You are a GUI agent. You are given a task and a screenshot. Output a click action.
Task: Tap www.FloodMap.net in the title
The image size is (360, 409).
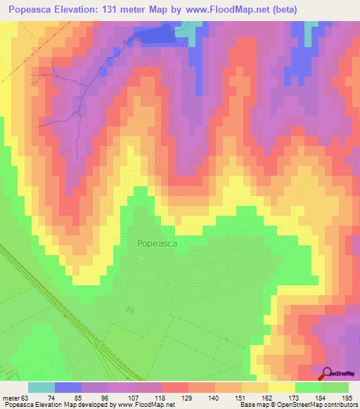(232, 9)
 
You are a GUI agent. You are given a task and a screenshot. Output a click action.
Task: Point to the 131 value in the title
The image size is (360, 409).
(159, 9)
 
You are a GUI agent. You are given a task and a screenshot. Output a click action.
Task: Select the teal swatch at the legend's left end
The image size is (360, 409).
(41, 387)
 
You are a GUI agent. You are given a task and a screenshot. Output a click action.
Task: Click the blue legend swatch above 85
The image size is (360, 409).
(67, 387)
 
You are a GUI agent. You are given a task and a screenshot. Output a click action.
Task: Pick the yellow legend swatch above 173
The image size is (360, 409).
(281, 387)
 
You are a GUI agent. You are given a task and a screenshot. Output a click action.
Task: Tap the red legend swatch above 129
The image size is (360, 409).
(174, 387)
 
